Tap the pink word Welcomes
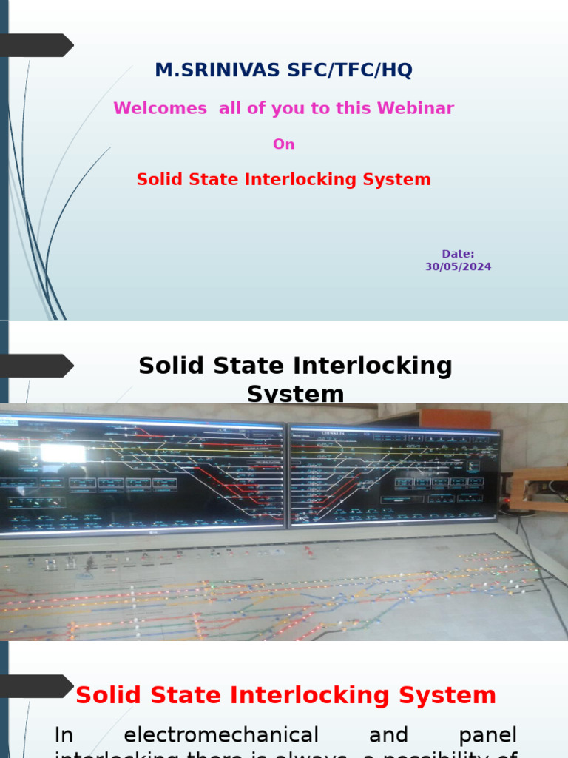tap(160, 108)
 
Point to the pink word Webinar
tap(416, 108)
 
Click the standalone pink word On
tap(284, 144)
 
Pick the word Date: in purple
tap(458, 254)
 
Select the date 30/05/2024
tap(458, 266)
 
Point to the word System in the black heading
tap(295, 394)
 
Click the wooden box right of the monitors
tap(539, 489)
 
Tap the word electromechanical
tap(221, 735)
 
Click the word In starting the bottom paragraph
tap(64, 735)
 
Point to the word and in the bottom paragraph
tap(389, 735)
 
